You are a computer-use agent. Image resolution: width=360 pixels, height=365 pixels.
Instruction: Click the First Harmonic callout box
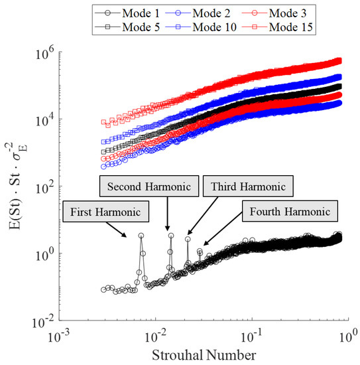click(x=106, y=213)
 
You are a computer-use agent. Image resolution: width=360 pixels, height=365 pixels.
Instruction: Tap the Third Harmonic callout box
click(x=237, y=186)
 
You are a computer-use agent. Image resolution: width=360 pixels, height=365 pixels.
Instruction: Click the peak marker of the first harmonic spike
click(x=141, y=236)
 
